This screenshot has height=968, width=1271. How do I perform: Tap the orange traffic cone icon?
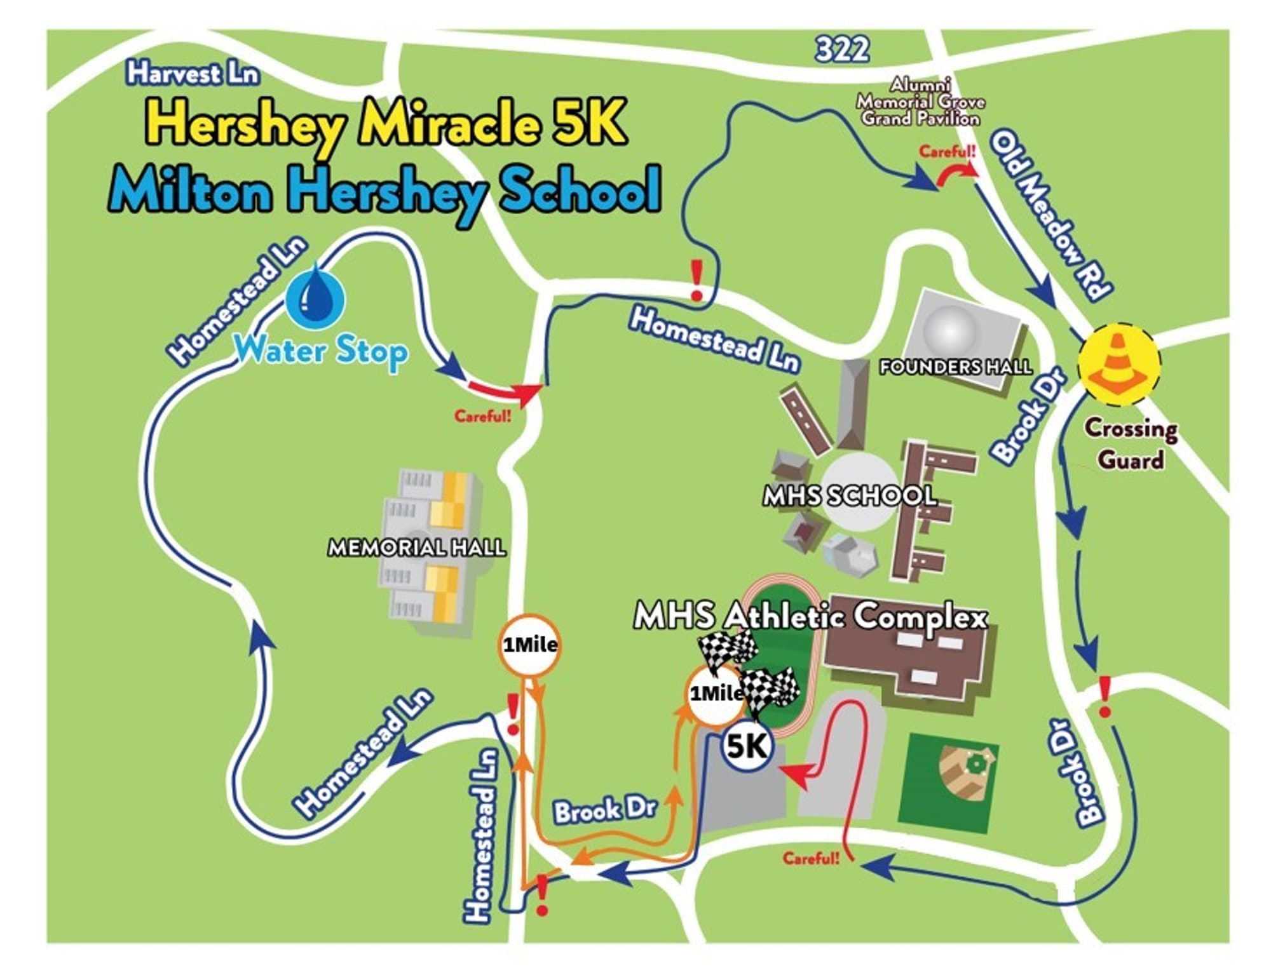pos(1119,364)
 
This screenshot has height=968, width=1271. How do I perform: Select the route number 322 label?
pos(842,49)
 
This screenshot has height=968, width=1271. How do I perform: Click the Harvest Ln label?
pos(193,74)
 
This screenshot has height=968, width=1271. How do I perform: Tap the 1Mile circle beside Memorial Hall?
pos(529,645)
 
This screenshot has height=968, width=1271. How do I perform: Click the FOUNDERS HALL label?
pos(955,366)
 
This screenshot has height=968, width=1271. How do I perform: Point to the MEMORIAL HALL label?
pos(417,548)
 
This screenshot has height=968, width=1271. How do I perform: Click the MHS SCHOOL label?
pos(850,496)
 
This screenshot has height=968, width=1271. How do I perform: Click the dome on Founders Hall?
pos(950,329)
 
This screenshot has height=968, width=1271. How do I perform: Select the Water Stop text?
pos(322,351)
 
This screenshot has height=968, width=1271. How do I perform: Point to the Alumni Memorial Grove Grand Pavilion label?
pos(920,102)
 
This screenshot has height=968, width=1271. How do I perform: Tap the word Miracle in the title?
pos(449,123)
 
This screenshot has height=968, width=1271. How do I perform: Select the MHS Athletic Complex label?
pos(811,617)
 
